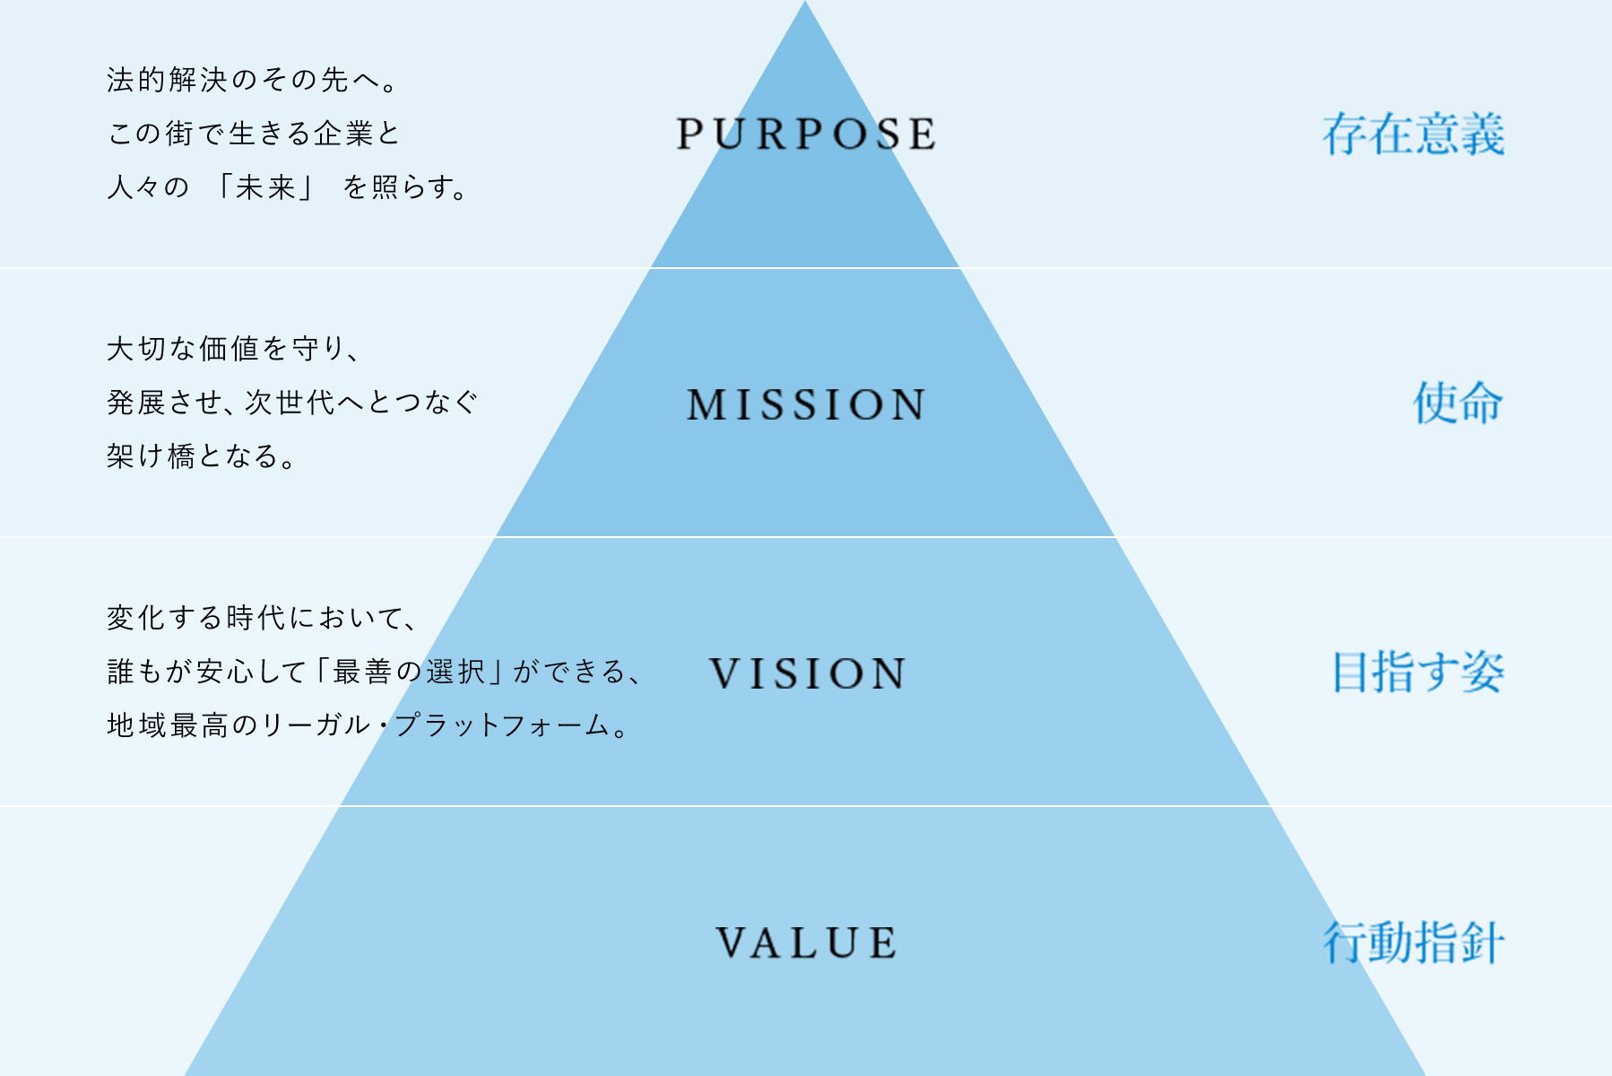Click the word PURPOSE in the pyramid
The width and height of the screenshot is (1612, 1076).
click(x=805, y=134)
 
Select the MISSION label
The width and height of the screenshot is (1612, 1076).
click(x=805, y=404)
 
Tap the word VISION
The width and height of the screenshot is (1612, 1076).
click(x=807, y=673)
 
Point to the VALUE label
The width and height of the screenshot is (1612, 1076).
click(x=806, y=942)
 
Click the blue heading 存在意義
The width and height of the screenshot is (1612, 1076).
click(x=1413, y=134)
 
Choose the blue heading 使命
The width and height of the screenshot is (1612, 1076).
click(x=1458, y=403)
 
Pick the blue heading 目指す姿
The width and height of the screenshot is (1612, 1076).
click(x=1417, y=672)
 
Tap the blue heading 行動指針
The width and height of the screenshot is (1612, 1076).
click(x=1413, y=942)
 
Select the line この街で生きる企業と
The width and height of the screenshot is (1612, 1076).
click(x=254, y=134)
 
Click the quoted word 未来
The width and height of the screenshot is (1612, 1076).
click(x=265, y=187)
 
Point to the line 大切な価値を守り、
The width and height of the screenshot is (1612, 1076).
click(x=233, y=349)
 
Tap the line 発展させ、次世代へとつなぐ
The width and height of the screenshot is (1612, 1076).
click(x=292, y=403)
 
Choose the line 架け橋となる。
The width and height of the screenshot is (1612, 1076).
click(x=201, y=456)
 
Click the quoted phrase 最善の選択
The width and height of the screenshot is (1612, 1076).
click(x=408, y=672)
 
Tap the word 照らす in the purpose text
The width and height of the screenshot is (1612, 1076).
click(x=415, y=187)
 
